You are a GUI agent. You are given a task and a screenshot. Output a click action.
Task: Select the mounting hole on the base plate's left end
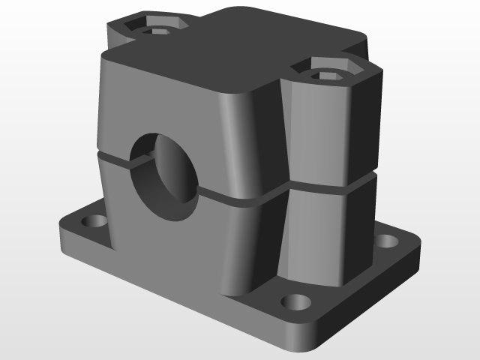tap(96, 222)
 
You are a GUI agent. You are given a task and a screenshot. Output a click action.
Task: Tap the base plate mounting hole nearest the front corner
tap(295, 302)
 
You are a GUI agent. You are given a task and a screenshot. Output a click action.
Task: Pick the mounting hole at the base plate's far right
tap(386, 241)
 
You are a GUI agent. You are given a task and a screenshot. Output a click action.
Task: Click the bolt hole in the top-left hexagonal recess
tap(157, 31)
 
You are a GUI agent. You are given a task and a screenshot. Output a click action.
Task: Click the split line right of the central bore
tap(240, 199)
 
